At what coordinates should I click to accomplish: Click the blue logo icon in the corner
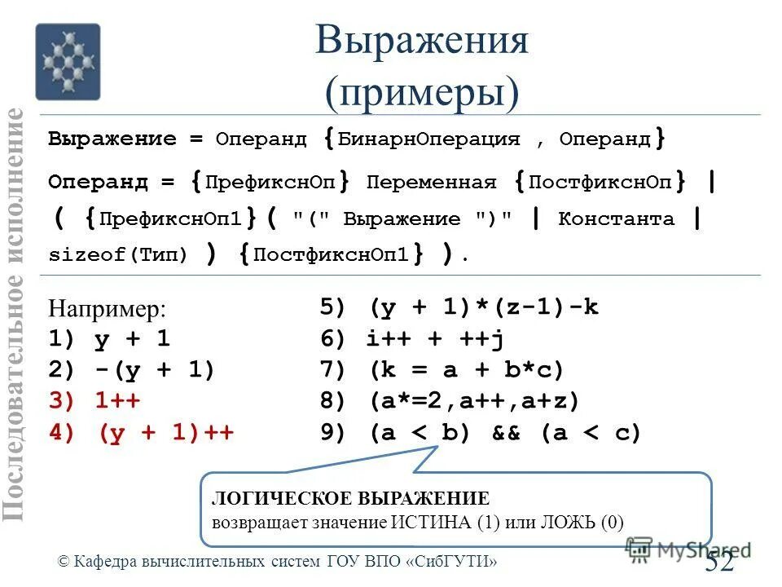[x=68, y=62]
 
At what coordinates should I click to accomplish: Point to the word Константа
[x=616, y=218]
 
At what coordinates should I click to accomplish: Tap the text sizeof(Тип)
[x=118, y=254]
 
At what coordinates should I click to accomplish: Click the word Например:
[x=107, y=309]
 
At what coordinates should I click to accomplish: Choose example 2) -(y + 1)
[x=131, y=371]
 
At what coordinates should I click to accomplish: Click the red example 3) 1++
[x=94, y=402]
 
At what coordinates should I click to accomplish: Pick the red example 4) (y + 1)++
[x=142, y=434]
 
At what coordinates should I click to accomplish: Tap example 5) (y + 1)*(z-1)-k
[x=459, y=307]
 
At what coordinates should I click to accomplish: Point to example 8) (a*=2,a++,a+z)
[x=450, y=402]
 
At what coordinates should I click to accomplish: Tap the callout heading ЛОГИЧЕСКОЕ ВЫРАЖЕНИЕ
[x=350, y=498]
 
